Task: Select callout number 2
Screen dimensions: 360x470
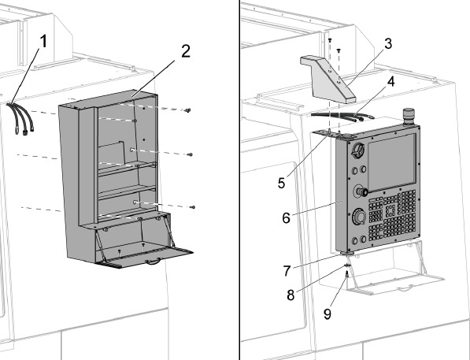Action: point(186,52)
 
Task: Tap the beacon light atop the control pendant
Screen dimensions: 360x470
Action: point(409,117)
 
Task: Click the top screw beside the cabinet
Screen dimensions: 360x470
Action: point(188,111)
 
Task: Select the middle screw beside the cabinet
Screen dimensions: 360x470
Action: point(191,155)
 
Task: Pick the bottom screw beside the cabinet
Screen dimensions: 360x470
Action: point(193,207)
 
